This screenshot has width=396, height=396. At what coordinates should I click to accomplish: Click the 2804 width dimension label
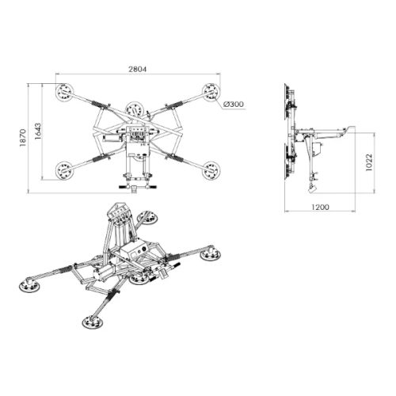(137, 69)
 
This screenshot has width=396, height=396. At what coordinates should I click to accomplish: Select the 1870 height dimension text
(23, 138)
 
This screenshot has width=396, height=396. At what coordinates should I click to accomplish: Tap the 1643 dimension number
(38, 131)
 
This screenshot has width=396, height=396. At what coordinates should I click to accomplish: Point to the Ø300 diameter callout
(234, 105)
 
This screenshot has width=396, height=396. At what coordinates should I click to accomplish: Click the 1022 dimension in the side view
(369, 162)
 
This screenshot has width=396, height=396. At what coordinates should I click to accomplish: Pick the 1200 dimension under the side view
(320, 207)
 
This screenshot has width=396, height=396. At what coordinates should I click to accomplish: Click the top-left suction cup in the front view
(64, 92)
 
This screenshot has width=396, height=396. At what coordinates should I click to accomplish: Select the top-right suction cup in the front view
(211, 92)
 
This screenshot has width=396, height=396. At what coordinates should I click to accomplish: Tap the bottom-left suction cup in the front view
(64, 170)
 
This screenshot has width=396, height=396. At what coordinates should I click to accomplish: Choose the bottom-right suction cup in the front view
(211, 170)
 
